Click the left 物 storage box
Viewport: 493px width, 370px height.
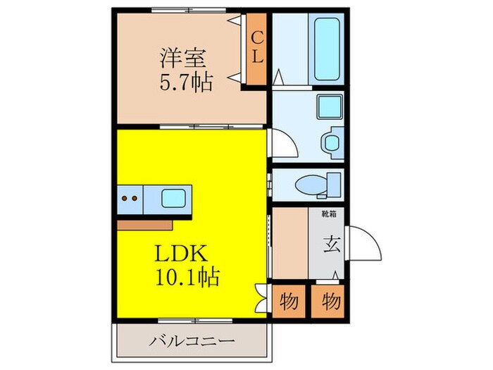[x=289, y=302]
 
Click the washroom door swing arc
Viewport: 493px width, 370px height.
[x=282, y=147]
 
